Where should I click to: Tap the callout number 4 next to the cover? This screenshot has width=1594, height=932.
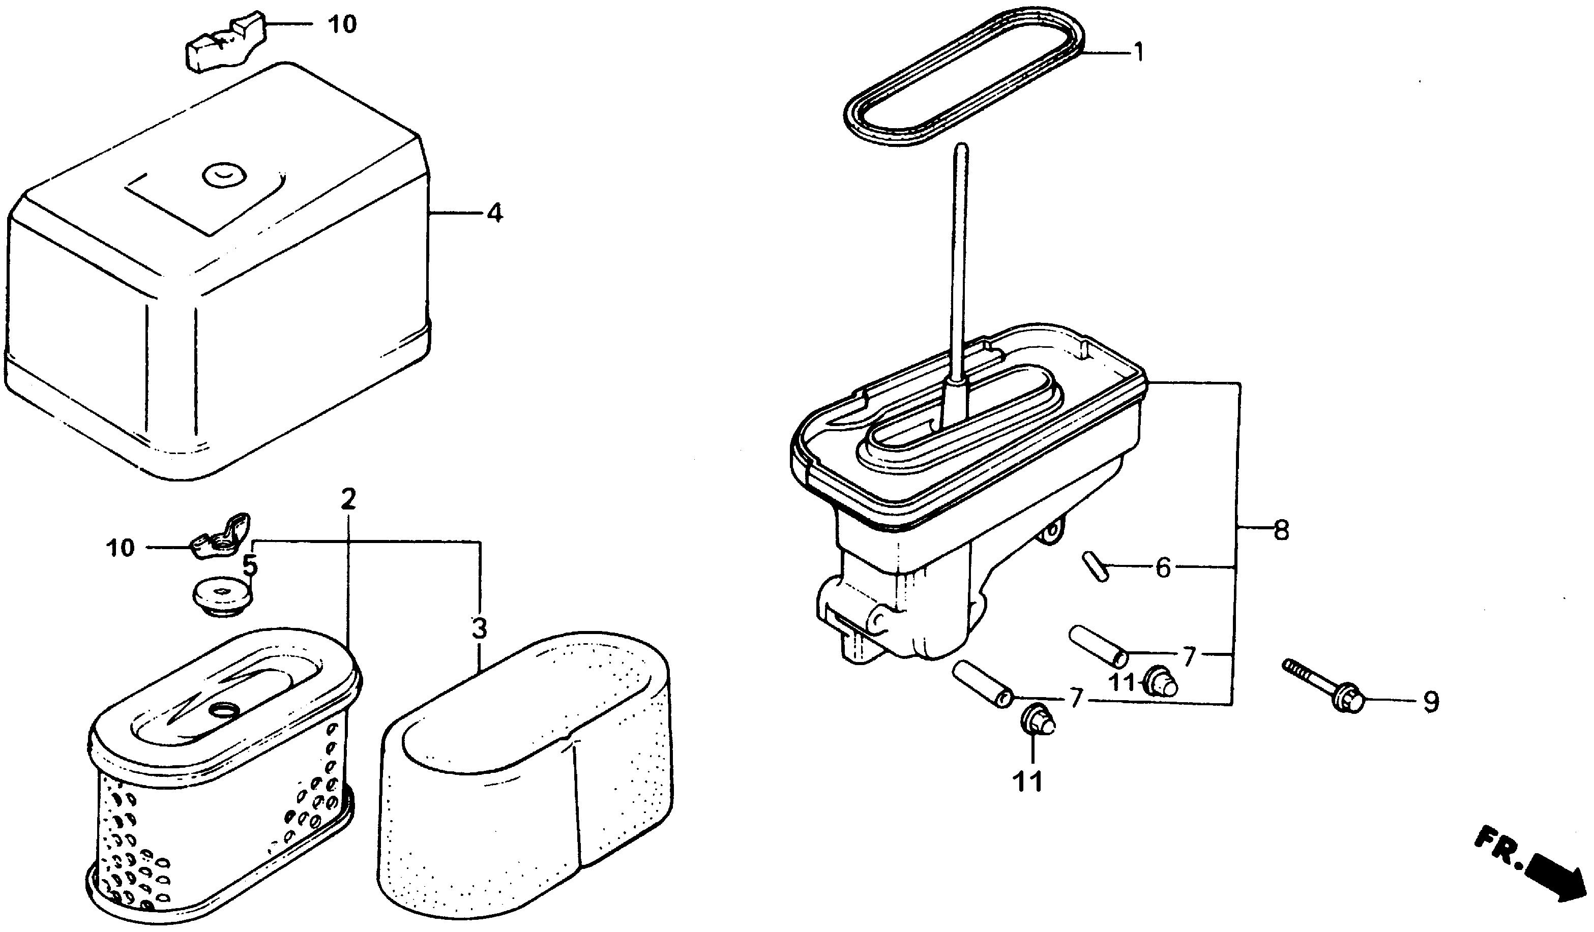click(495, 213)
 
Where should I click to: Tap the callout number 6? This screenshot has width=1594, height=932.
click(1163, 568)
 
